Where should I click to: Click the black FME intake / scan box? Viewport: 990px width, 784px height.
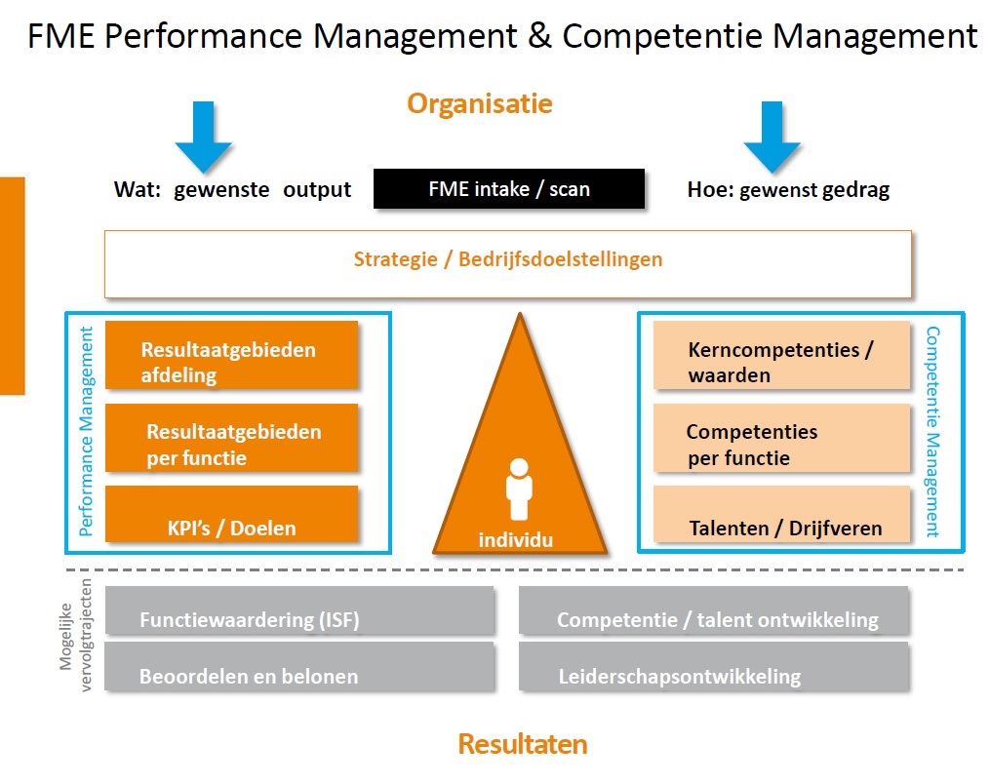point(508,188)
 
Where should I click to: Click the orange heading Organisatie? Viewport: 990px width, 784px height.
point(480,103)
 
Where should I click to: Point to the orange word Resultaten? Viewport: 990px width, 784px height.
point(523,745)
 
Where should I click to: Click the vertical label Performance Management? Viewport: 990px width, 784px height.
point(86,432)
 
